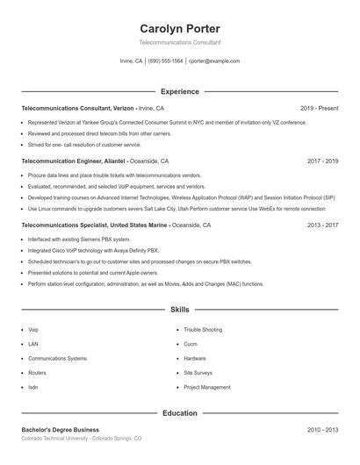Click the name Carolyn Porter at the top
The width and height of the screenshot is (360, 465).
tap(180, 28)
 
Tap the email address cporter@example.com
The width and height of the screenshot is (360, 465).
tap(214, 61)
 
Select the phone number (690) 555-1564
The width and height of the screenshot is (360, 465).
tap(165, 61)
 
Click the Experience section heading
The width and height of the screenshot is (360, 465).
tap(180, 91)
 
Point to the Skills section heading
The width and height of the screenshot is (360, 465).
tap(180, 310)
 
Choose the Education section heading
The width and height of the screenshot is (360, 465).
tap(180, 412)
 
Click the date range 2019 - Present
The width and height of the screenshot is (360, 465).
tap(319, 108)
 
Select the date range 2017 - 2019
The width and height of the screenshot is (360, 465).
tap(323, 161)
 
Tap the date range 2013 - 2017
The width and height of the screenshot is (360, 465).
tap(323, 225)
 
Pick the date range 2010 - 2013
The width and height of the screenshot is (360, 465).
tap(323, 430)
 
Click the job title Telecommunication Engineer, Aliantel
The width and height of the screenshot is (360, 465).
tap(74, 161)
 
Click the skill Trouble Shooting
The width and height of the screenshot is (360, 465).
tap(203, 329)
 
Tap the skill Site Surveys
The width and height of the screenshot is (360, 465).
tap(198, 373)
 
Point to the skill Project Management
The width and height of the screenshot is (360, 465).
tap(207, 387)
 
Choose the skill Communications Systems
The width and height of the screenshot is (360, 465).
tap(57, 358)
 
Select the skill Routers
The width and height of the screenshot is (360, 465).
tap(39, 373)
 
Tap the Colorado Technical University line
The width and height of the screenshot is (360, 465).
tap(81, 438)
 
